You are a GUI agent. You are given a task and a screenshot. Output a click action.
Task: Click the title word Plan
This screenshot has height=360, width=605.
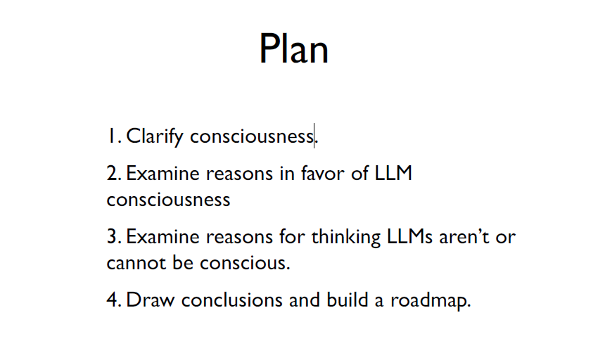pos(293,49)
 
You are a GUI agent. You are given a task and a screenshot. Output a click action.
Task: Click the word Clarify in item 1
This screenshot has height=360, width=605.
pos(154,136)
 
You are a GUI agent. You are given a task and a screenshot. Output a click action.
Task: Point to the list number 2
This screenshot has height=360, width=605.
pos(114,173)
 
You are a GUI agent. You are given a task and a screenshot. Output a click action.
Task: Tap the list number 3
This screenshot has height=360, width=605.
pos(114,236)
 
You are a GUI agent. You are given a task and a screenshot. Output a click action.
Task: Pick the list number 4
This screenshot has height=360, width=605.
pos(114,300)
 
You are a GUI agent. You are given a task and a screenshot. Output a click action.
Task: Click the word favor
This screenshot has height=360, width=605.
pos(323,173)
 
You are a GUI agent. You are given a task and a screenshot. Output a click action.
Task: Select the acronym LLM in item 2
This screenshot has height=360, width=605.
pos(393,173)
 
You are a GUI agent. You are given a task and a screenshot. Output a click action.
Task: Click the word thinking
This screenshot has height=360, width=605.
pos(346,237)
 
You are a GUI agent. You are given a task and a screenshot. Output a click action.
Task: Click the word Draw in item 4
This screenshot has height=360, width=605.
pos(150,300)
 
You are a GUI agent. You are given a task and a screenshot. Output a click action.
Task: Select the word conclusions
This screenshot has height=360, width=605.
pos(232,300)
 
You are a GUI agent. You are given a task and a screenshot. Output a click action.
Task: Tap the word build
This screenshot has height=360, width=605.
pos(348,300)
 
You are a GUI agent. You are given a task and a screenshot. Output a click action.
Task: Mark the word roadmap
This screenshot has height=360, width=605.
pos(431,301)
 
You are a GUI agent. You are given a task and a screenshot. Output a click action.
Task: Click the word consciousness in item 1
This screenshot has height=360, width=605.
pos(252,136)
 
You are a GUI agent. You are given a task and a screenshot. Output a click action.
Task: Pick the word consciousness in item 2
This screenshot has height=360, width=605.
pos(168,200)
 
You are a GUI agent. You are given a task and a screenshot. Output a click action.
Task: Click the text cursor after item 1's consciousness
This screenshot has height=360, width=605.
pos(314,136)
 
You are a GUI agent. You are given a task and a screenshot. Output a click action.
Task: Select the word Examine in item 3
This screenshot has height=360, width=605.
pos(163,236)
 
